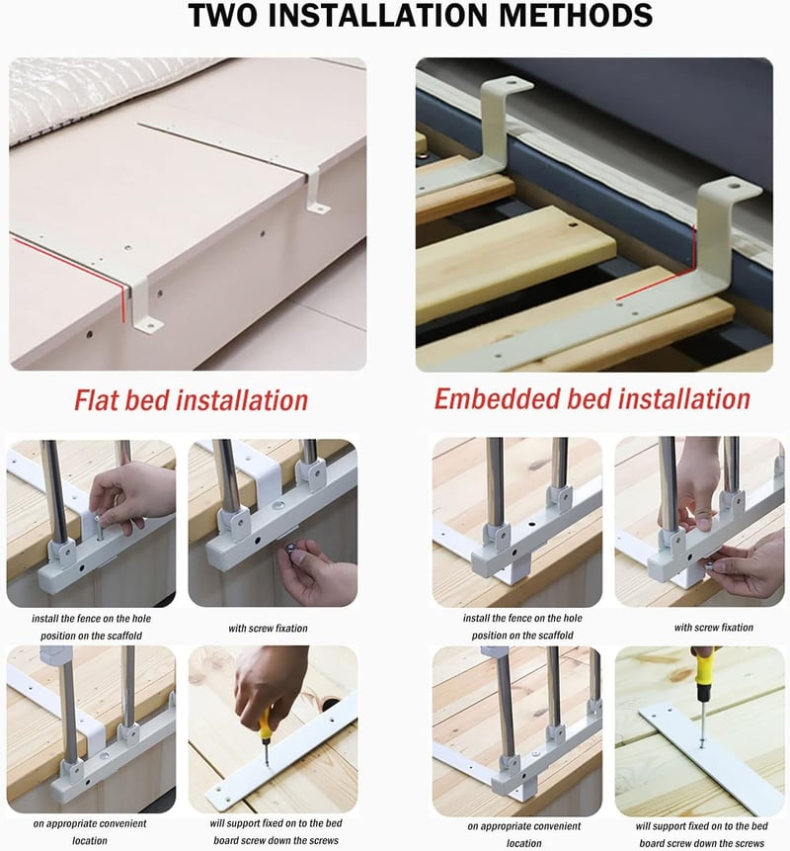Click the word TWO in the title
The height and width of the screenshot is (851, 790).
[x=223, y=15]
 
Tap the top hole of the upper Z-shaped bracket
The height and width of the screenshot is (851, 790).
[x=512, y=84]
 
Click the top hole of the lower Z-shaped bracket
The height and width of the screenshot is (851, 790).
[x=734, y=186]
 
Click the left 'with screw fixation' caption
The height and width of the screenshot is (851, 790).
[x=268, y=628]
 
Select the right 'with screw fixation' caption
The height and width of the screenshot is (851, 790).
[x=714, y=627]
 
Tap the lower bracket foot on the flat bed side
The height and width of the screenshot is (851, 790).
[x=148, y=325]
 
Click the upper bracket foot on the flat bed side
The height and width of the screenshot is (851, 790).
[x=318, y=207]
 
